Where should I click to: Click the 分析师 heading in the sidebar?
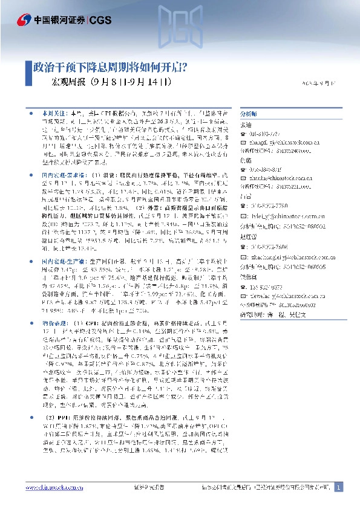click(249, 113)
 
